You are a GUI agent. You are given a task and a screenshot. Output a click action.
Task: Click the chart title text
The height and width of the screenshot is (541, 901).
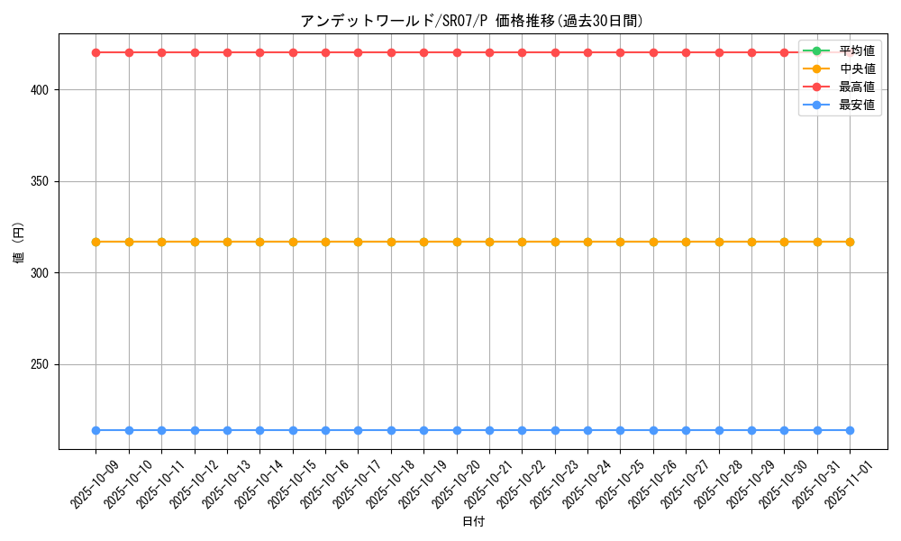pyautogui.click(x=471, y=21)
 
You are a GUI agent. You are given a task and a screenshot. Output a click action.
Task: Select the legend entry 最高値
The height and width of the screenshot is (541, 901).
pyautogui.click(x=856, y=87)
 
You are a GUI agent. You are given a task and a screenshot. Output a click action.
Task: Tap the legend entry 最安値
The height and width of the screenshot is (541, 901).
pyautogui.click(x=856, y=105)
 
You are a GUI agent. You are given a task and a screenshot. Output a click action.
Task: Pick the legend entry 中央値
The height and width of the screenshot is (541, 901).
pyautogui.click(x=856, y=69)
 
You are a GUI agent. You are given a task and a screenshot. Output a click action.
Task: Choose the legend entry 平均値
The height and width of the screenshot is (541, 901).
pyautogui.click(x=856, y=50)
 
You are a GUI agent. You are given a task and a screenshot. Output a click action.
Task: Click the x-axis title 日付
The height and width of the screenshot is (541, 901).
pyautogui.click(x=473, y=522)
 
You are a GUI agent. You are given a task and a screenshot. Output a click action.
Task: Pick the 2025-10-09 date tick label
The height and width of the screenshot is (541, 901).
pyautogui.click(x=95, y=485)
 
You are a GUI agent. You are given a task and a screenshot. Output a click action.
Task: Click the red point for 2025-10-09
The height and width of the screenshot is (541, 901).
pyautogui.click(x=96, y=52)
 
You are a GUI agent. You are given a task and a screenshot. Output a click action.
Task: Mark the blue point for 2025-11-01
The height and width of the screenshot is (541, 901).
pyautogui.click(x=850, y=430)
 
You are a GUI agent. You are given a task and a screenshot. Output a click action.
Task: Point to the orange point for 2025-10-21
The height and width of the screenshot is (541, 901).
pyautogui.click(x=489, y=242)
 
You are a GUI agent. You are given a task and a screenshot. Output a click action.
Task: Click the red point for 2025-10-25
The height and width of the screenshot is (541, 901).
pyautogui.click(x=620, y=52)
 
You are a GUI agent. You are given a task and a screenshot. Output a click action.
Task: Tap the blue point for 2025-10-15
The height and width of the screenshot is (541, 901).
pyautogui.click(x=293, y=430)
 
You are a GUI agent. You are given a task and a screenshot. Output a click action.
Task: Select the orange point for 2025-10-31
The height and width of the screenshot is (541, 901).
pyautogui.click(x=817, y=242)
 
